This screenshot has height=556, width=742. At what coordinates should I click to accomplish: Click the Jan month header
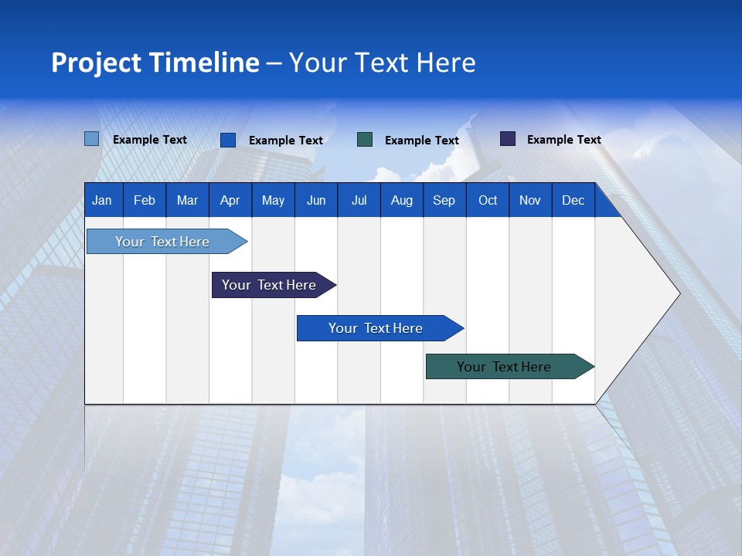[x=102, y=201]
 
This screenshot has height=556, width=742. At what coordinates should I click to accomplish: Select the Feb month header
[x=145, y=201]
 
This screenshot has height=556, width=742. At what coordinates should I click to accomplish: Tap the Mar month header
[x=187, y=201]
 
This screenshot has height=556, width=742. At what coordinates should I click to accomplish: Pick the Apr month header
[x=230, y=201]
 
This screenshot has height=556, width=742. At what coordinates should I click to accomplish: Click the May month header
[x=273, y=201]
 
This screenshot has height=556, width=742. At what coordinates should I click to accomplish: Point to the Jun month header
[x=316, y=201]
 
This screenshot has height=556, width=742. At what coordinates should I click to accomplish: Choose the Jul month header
[x=359, y=201]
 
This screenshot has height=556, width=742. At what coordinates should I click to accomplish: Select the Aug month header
[x=401, y=201]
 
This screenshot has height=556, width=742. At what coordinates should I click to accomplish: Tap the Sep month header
[x=444, y=201]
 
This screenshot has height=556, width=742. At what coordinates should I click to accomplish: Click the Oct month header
[x=488, y=201]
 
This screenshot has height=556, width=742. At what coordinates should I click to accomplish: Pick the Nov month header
[x=530, y=201]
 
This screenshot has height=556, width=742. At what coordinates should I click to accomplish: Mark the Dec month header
[x=573, y=201]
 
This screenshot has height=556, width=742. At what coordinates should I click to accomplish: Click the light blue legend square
[x=92, y=139]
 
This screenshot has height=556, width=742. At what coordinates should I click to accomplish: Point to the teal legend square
[x=365, y=140]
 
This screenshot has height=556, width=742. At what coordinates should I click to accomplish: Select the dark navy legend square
[x=508, y=139]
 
